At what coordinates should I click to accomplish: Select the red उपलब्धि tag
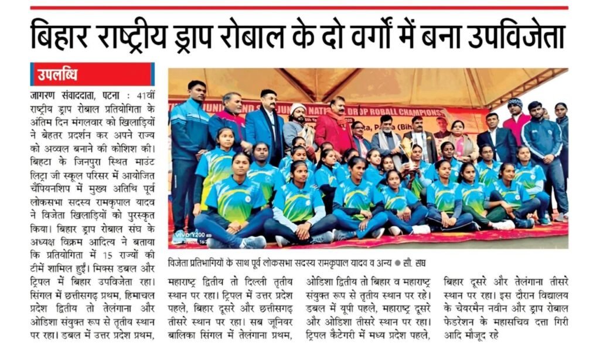coord(57,74)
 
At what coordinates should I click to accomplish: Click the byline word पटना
coord(111,95)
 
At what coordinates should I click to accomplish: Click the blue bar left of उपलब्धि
coord(32,74)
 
